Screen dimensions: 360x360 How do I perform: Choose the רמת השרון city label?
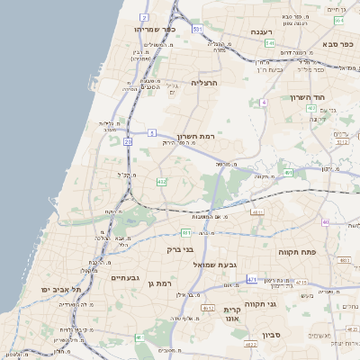(x=198, y=128)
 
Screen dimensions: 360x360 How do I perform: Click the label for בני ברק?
(x=181, y=249)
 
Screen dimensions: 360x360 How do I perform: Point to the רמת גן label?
(x=157, y=283)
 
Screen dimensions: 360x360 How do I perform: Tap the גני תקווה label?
(x=309, y=306)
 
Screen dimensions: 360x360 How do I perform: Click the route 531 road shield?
(x=196, y=29)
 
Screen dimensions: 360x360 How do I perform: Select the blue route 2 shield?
(x=145, y=17)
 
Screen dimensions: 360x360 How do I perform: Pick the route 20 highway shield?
(x=128, y=141)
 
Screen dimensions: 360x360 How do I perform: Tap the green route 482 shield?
(x=161, y=182)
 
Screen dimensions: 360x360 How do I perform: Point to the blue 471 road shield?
(x=252, y=280)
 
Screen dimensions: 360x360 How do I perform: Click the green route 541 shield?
(x=269, y=42)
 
